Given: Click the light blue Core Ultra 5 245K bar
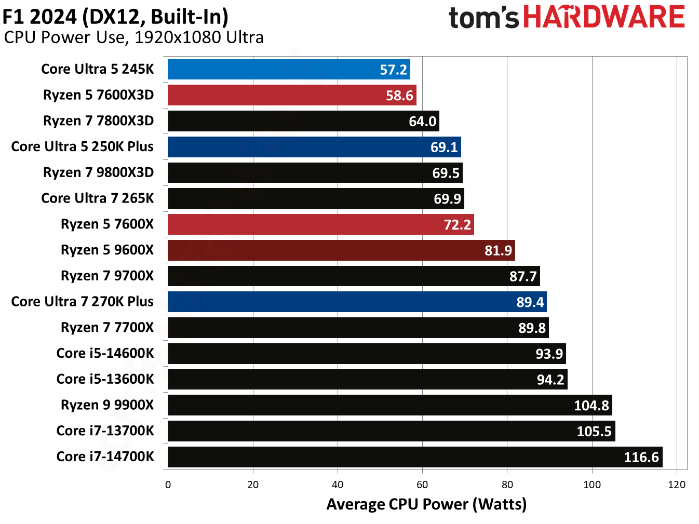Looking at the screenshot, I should coord(288,70).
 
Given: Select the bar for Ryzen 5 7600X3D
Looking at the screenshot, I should coord(291,96).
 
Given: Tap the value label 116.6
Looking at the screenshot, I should coord(641,457).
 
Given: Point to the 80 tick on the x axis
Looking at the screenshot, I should coord(507,485).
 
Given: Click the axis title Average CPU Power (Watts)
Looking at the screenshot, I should coord(426,504).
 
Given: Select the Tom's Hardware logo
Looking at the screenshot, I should coord(567,17).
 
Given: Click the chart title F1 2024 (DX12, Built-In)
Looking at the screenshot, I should coord(115,17).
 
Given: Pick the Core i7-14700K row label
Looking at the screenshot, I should coord(105,456).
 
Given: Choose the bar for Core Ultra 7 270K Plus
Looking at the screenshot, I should coord(357,302).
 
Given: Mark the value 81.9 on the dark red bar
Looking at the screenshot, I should coord(498,250).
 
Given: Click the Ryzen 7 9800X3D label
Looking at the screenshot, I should coord(98,172).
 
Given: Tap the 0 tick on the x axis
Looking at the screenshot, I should coord(168,485).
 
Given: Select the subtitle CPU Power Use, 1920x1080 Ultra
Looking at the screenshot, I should coord(133,37).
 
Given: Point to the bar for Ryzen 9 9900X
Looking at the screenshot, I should coord(389,405).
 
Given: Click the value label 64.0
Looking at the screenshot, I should coord(422,122).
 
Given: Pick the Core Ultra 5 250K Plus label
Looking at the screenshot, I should coord(82,146).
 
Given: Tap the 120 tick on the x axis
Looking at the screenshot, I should coord(677,485).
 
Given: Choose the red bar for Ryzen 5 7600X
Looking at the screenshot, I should coord(320,224).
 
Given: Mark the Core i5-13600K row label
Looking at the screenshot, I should coord(105,379).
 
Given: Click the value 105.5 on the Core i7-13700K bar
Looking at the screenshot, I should coord(594,431).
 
